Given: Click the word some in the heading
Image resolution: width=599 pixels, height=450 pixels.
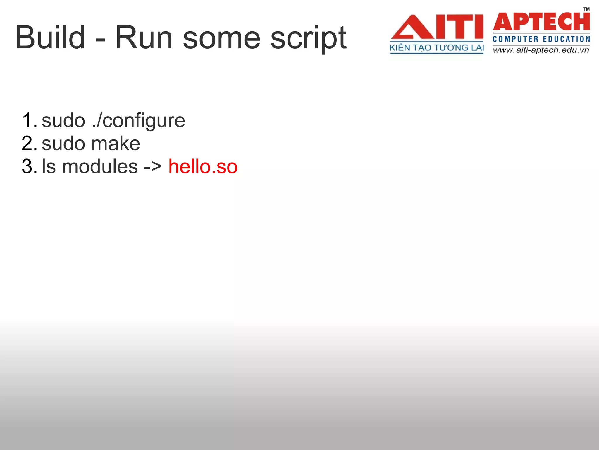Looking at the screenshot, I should [x=222, y=38].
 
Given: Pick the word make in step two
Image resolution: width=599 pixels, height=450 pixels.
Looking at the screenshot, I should [x=116, y=144].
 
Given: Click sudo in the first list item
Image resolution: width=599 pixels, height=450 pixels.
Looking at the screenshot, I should [x=63, y=120].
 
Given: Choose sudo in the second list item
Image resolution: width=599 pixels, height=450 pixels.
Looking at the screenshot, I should [x=63, y=144].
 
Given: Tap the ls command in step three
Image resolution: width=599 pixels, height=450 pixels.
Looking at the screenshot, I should [x=49, y=167].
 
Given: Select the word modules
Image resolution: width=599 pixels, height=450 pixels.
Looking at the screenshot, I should [x=100, y=167].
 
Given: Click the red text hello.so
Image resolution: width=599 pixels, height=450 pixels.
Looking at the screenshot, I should [x=203, y=167].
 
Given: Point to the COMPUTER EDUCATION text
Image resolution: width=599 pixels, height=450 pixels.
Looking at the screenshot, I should [x=541, y=39].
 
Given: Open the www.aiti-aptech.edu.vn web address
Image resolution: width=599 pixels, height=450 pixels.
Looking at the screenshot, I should [x=541, y=50].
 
